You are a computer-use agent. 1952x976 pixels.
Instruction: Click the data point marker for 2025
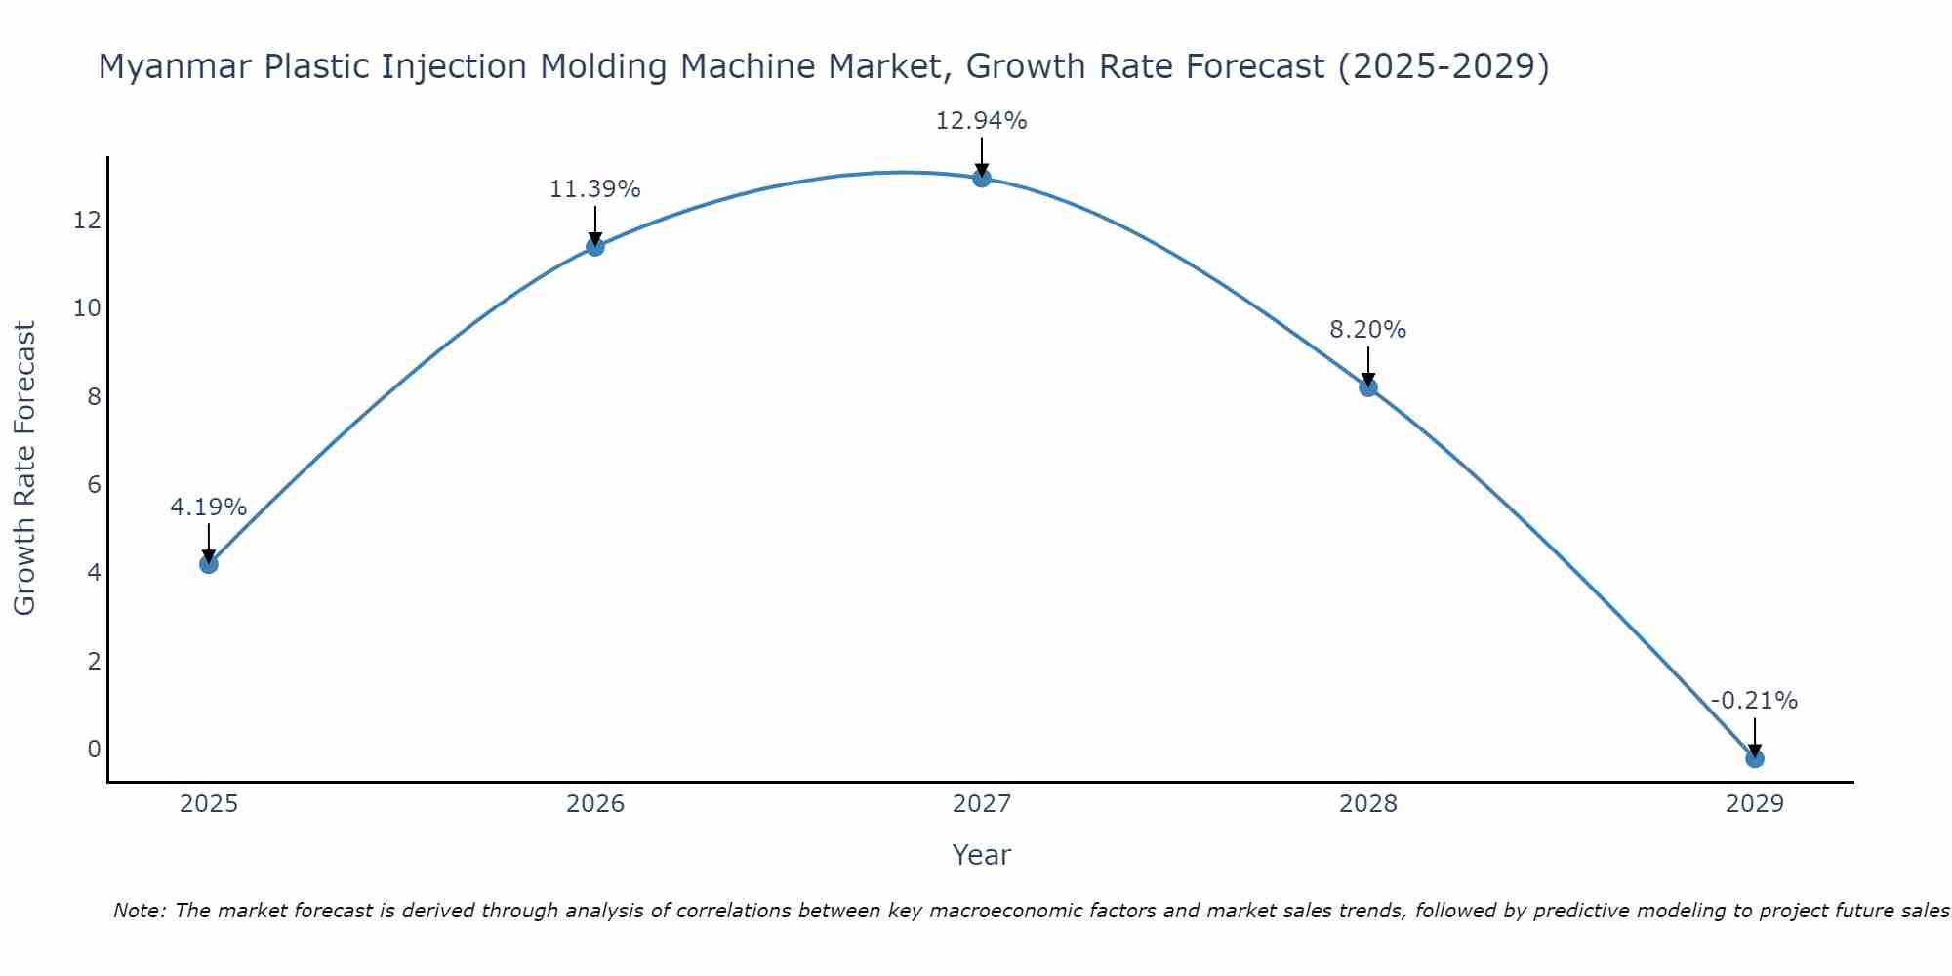(x=208, y=564)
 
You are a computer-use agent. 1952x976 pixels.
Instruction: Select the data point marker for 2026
(x=595, y=246)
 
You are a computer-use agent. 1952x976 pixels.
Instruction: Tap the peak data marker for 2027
(x=982, y=178)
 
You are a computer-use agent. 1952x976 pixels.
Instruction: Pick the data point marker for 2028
(x=1368, y=387)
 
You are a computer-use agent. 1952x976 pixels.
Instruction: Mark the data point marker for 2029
(x=1755, y=758)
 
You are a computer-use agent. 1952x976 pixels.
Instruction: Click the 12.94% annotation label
(x=981, y=121)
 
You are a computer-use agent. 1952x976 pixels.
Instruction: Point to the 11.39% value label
(x=594, y=189)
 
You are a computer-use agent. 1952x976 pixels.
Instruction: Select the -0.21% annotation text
(x=1754, y=701)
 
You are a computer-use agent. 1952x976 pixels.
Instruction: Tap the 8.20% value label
(x=1367, y=330)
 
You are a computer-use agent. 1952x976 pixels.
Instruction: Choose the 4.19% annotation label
(x=208, y=508)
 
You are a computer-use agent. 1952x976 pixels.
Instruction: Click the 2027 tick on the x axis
(x=982, y=804)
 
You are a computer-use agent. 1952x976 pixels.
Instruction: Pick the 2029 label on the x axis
(x=1755, y=804)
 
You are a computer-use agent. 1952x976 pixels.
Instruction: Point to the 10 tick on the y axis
(x=87, y=308)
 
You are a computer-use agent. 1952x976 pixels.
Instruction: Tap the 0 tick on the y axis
(x=94, y=750)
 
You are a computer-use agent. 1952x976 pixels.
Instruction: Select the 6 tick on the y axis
(x=94, y=485)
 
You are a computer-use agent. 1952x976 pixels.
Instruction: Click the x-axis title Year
(x=981, y=855)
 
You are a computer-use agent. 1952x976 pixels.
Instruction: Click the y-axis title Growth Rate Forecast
(x=24, y=468)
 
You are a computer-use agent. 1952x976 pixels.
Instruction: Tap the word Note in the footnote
(x=140, y=911)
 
